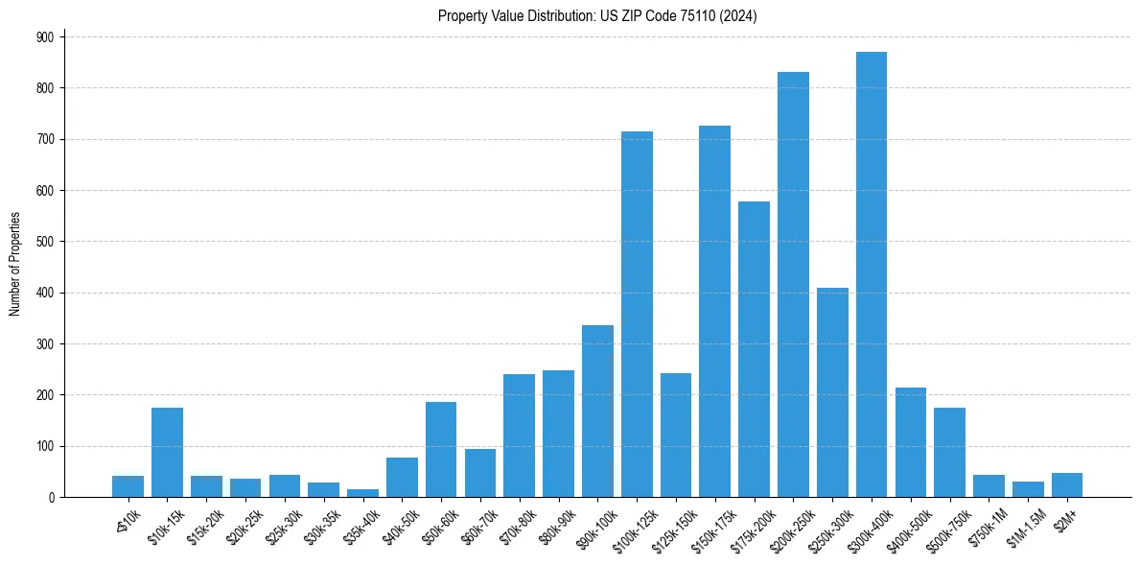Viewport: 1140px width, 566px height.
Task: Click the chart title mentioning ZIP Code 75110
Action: point(597,16)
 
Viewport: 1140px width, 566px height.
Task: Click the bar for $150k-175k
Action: point(714,311)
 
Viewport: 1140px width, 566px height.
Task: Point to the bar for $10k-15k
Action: point(167,452)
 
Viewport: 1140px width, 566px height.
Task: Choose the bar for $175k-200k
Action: point(754,349)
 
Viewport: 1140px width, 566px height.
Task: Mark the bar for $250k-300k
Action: point(832,392)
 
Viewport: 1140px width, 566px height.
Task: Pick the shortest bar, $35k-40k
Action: point(362,493)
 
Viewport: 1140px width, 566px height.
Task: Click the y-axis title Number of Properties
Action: point(14,265)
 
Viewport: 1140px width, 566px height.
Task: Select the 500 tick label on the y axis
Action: point(47,242)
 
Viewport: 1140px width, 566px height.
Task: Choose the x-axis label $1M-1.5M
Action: point(1025,523)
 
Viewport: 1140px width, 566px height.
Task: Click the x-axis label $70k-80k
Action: point(516,523)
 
